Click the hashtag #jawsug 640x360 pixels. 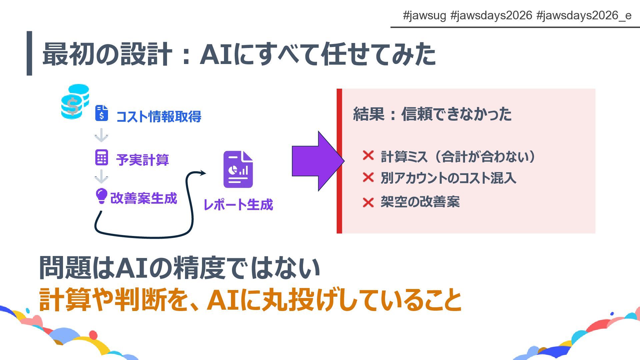point(424,15)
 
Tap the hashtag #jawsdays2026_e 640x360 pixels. point(584,15)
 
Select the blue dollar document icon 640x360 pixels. point(102,113)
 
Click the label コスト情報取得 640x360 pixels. point(159,117)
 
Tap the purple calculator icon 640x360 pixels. point(102,158)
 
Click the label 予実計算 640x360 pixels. point(142,160)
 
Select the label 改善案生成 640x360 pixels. point(144,198)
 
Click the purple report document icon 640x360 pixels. point(238,169)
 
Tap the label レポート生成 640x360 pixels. point(238,205)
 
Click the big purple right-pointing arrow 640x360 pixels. point(317,161)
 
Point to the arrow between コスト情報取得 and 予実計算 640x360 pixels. point(101,136)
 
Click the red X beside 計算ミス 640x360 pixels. point(368,155)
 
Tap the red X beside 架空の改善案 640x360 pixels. point(368,202)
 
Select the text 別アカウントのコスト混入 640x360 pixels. point(448,178)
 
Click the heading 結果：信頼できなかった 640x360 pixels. point(432,114)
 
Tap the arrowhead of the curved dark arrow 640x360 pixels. point(203,173)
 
